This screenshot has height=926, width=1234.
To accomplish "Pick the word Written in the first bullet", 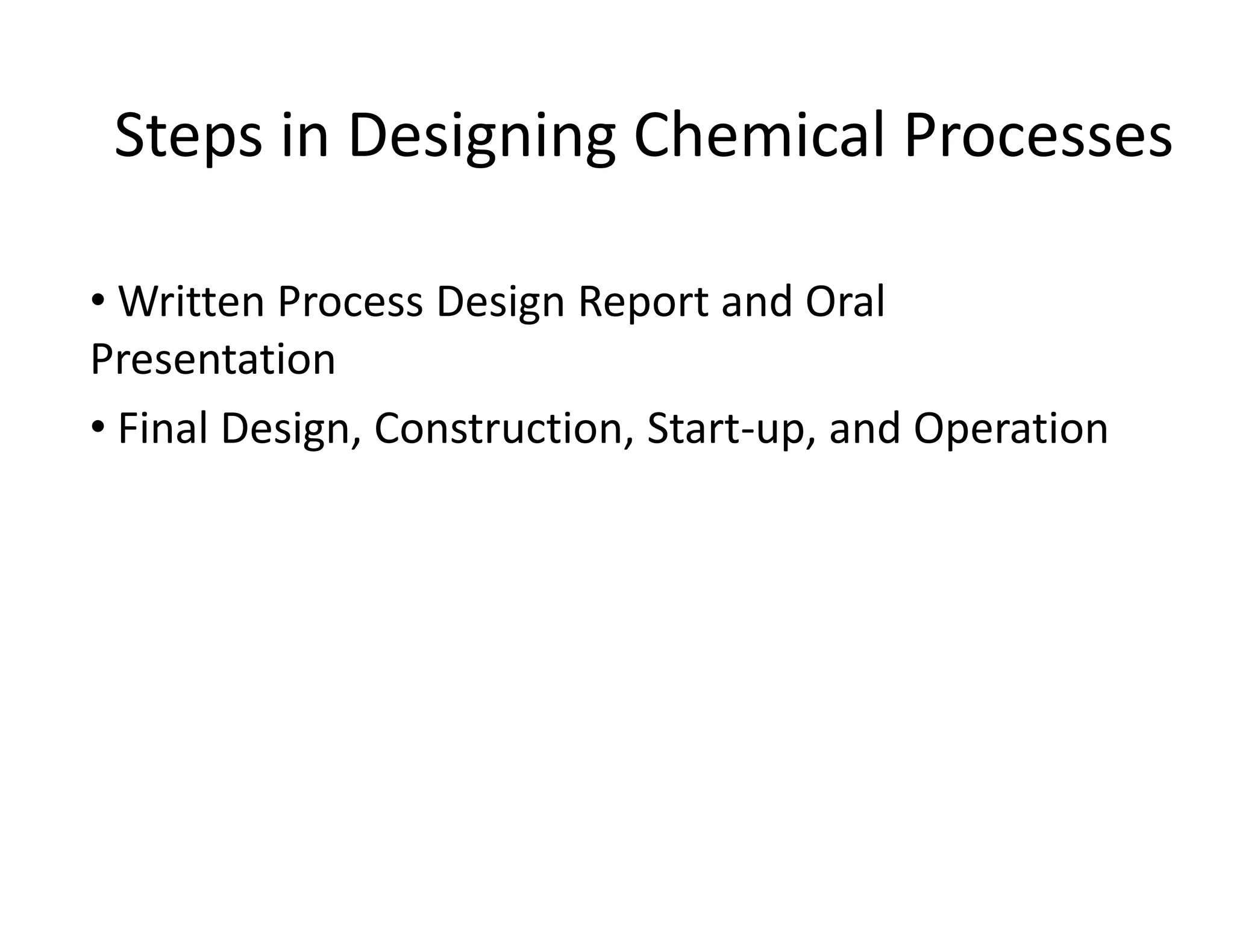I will click(x=191, y=301).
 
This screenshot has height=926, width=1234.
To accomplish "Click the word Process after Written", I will click(x=350, y=301).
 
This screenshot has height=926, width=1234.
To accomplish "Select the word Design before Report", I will click(x=500, y=301).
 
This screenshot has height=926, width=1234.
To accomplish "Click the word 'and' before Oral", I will click(x=756, y=301).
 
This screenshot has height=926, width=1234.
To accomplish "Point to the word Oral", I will click(x=845, y=301).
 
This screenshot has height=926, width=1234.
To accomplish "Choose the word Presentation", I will click(x=213, y=359).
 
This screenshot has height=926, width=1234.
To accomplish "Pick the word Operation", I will click(x=1010, y=428).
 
